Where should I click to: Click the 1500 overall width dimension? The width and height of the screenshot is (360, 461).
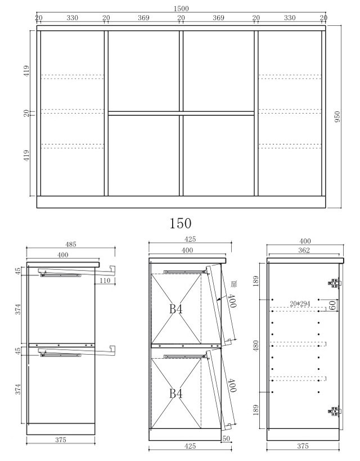(x=181, y=8)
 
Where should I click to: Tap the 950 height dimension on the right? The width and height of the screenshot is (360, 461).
(x=337, y=117)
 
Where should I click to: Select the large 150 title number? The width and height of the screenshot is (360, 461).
(x=181, y=223)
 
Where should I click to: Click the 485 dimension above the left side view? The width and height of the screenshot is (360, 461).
(x=70, y=244)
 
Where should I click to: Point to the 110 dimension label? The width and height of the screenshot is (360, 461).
(x=105, y=280)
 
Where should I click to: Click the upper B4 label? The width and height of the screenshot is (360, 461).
(x=176, y=309)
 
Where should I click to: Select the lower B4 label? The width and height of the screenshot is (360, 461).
(x=176, y=394)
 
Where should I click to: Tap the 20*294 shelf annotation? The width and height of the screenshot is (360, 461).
(x=300, y=304)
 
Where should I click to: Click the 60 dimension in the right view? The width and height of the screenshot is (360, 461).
(x=332, y=305)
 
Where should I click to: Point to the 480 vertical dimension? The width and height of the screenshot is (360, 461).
(x=256, y=346)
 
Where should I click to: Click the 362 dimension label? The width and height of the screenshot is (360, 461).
(x=304, y=250)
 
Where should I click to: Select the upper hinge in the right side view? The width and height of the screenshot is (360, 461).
(x=335, y=283)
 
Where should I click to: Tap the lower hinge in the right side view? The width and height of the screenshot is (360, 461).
(x=335, y=412)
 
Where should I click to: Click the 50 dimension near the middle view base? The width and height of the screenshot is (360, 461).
(x=226, y=439)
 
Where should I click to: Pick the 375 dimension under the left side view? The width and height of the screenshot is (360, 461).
(x=61, y=440)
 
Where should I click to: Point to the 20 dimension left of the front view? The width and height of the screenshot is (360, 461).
(x=26, y=113)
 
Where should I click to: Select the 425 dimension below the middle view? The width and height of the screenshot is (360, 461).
(x=190, y=446)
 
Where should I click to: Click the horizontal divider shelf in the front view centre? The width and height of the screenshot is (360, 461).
(x=181, y=113)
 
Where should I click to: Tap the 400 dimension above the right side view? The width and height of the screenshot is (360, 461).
(x=305, y=241)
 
